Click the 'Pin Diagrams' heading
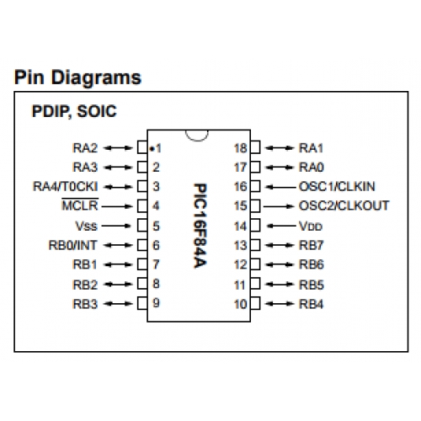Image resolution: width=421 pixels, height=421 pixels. pos(77,77)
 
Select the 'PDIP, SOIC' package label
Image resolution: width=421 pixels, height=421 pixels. pos(74,111)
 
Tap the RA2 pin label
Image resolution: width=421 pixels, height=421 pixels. pos(85,148)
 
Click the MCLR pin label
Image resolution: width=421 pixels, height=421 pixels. pos(80,205)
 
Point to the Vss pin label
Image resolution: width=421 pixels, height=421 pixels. pos(86,226)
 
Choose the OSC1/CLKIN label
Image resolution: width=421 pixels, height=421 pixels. pos(337,187)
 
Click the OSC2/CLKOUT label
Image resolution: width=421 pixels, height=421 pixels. pos(344,205)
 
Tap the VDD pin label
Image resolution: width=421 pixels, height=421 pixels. pos(311,226)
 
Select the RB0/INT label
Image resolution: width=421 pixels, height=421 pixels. pos(73,245)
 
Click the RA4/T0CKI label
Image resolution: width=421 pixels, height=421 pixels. pos(66,187)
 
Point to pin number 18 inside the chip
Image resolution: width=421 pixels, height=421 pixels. pos(241,148)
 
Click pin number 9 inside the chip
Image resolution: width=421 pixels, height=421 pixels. pos(156,303)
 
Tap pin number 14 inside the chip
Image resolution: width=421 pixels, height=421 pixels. pos(241,226)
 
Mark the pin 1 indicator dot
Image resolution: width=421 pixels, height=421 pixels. pos(152,149)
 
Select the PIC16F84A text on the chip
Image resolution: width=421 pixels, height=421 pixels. pos(200,226)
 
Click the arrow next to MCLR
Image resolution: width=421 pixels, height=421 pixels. pos(117,206)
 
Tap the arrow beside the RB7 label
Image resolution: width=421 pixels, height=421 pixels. pos(280,245)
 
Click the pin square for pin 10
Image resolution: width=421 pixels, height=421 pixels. pos(255,304)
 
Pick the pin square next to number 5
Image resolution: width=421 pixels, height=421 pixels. pos(142,226)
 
